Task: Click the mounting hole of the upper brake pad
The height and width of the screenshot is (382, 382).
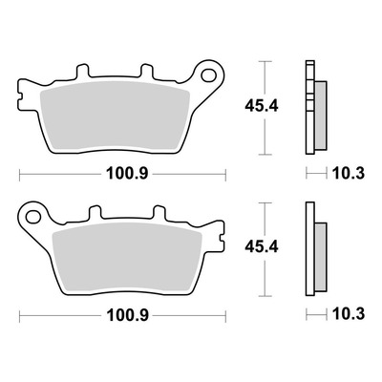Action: pos(208,75)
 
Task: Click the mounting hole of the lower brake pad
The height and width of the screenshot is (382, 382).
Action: pos(33,217)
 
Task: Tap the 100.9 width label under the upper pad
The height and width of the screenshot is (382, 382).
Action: pos(127,174)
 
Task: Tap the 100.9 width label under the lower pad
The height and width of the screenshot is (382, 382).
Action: pos(127,315)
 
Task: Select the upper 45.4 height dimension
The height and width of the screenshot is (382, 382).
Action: pos(262,106)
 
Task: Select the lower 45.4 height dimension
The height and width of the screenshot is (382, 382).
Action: pos(262,247)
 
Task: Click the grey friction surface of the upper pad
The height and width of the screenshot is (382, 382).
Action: pos(116,117)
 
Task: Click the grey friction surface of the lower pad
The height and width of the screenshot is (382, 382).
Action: pos(127,258)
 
